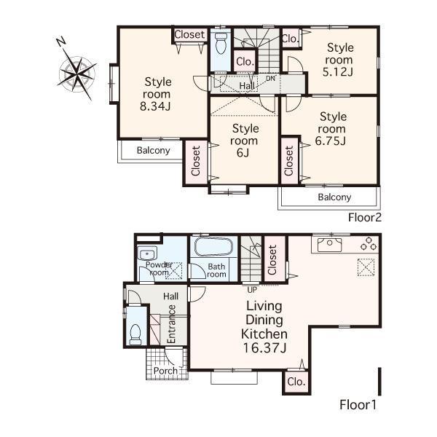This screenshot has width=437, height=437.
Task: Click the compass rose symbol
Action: click(x=76, y=71)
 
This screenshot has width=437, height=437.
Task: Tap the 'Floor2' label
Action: click(x=364, y=217)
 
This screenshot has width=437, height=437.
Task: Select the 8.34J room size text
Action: click(x=157, y=107)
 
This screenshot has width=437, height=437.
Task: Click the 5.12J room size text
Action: click(x=339, y=72)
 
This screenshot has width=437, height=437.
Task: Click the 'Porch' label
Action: click(x=165, y=371)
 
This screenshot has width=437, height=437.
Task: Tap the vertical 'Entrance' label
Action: click(x=173, y=324)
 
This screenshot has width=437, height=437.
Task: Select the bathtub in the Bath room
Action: click(x=211, y=246)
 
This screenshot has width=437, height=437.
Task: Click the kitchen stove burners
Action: click(x=367, y=243)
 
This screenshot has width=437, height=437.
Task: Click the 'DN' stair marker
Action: click(x=269, y=78)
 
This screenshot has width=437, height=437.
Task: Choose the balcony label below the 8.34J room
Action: click(x=154, y=151)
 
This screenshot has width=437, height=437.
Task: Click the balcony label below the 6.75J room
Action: click(x=334, y=197)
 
